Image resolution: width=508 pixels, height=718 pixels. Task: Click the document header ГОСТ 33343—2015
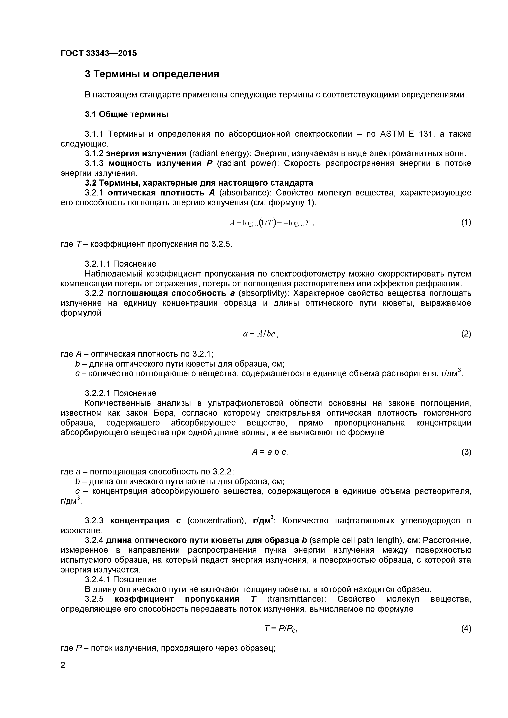(x=98, y=53)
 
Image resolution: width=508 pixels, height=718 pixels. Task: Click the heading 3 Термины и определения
(x=152, y=74)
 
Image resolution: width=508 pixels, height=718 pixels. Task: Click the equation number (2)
(x=466, y=334)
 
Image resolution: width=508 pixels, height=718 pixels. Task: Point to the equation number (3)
(x=466, y=452)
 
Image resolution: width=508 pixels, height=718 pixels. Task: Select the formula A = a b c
(x=270, y=452)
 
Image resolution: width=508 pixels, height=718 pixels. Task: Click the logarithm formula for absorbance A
(x=271, y=223)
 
